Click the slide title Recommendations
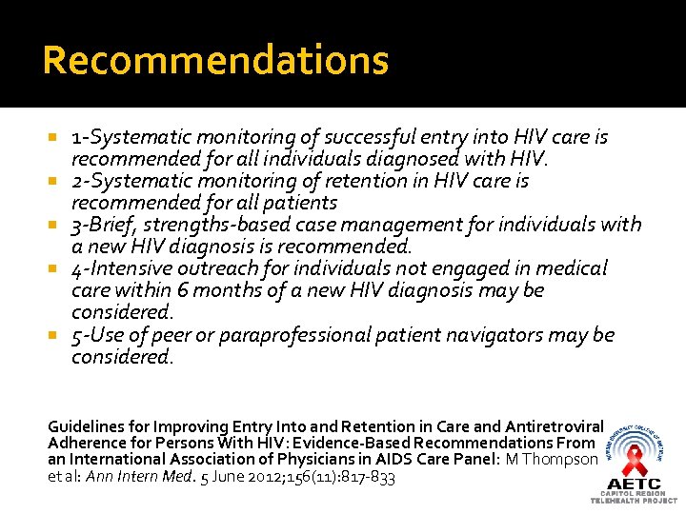click(x=215, y=61)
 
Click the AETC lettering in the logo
click(x=633, y=484)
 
